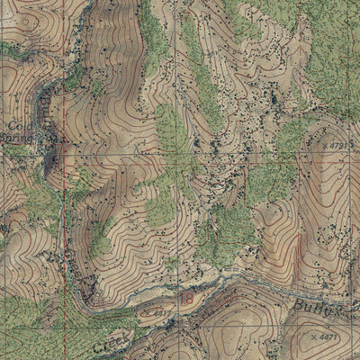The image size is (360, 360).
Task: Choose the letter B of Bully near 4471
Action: pyautogui.click(x=296, y=304)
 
